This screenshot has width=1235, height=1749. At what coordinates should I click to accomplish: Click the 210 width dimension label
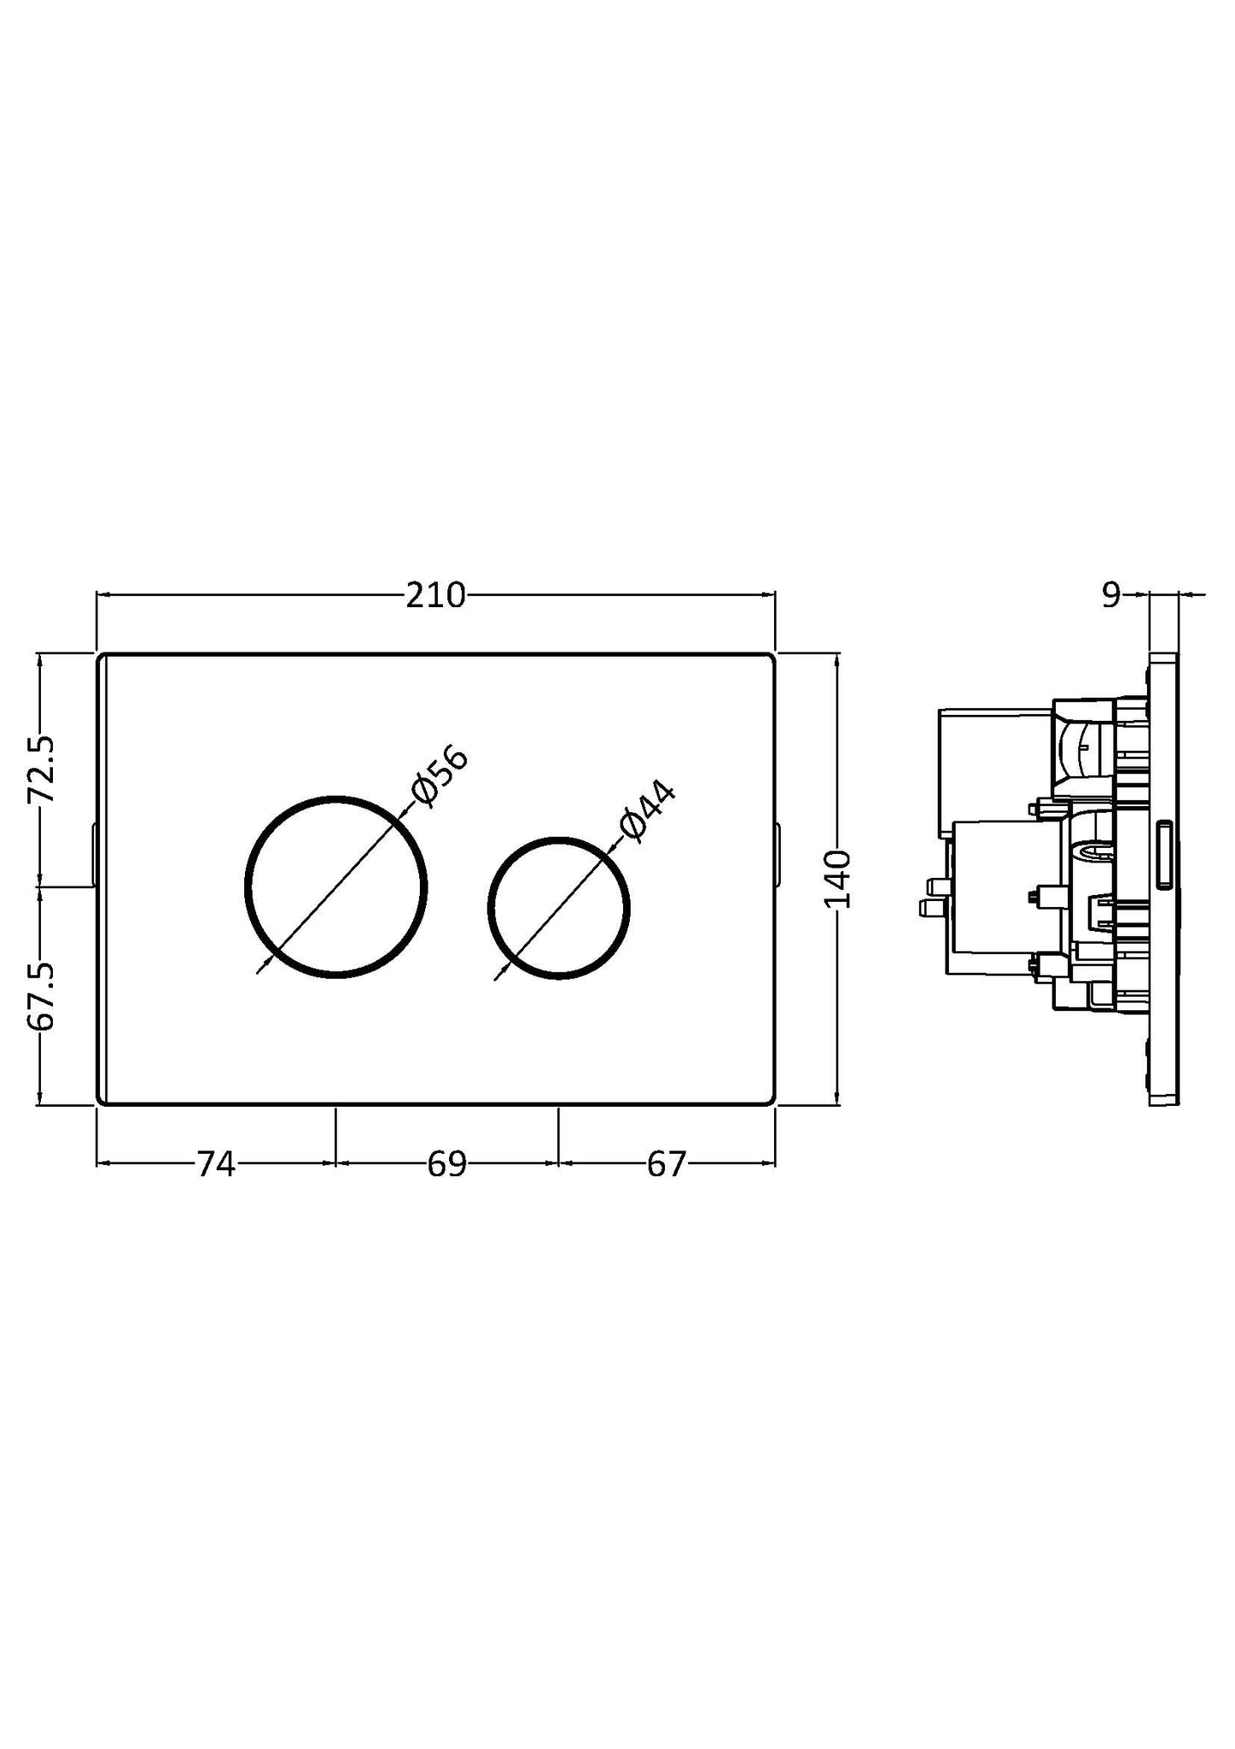435,595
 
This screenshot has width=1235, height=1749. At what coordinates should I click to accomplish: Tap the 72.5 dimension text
41,769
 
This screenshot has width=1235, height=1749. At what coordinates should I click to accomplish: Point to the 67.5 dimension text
41,996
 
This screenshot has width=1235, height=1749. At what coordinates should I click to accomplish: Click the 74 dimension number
215,1164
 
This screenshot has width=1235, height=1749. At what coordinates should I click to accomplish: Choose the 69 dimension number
446,1164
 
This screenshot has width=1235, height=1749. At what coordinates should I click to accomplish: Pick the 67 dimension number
666,1164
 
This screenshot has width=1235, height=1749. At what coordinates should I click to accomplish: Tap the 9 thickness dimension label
1110,595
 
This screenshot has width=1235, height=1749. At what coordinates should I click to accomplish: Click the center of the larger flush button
336,886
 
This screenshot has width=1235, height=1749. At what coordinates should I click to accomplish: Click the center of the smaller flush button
559,907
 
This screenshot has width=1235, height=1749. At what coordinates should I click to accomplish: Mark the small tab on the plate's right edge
777,855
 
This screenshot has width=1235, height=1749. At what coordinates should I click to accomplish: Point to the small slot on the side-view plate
1163,855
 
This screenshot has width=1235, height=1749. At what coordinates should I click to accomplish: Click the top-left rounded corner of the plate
101,658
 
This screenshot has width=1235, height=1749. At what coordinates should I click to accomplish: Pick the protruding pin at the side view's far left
926,906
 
